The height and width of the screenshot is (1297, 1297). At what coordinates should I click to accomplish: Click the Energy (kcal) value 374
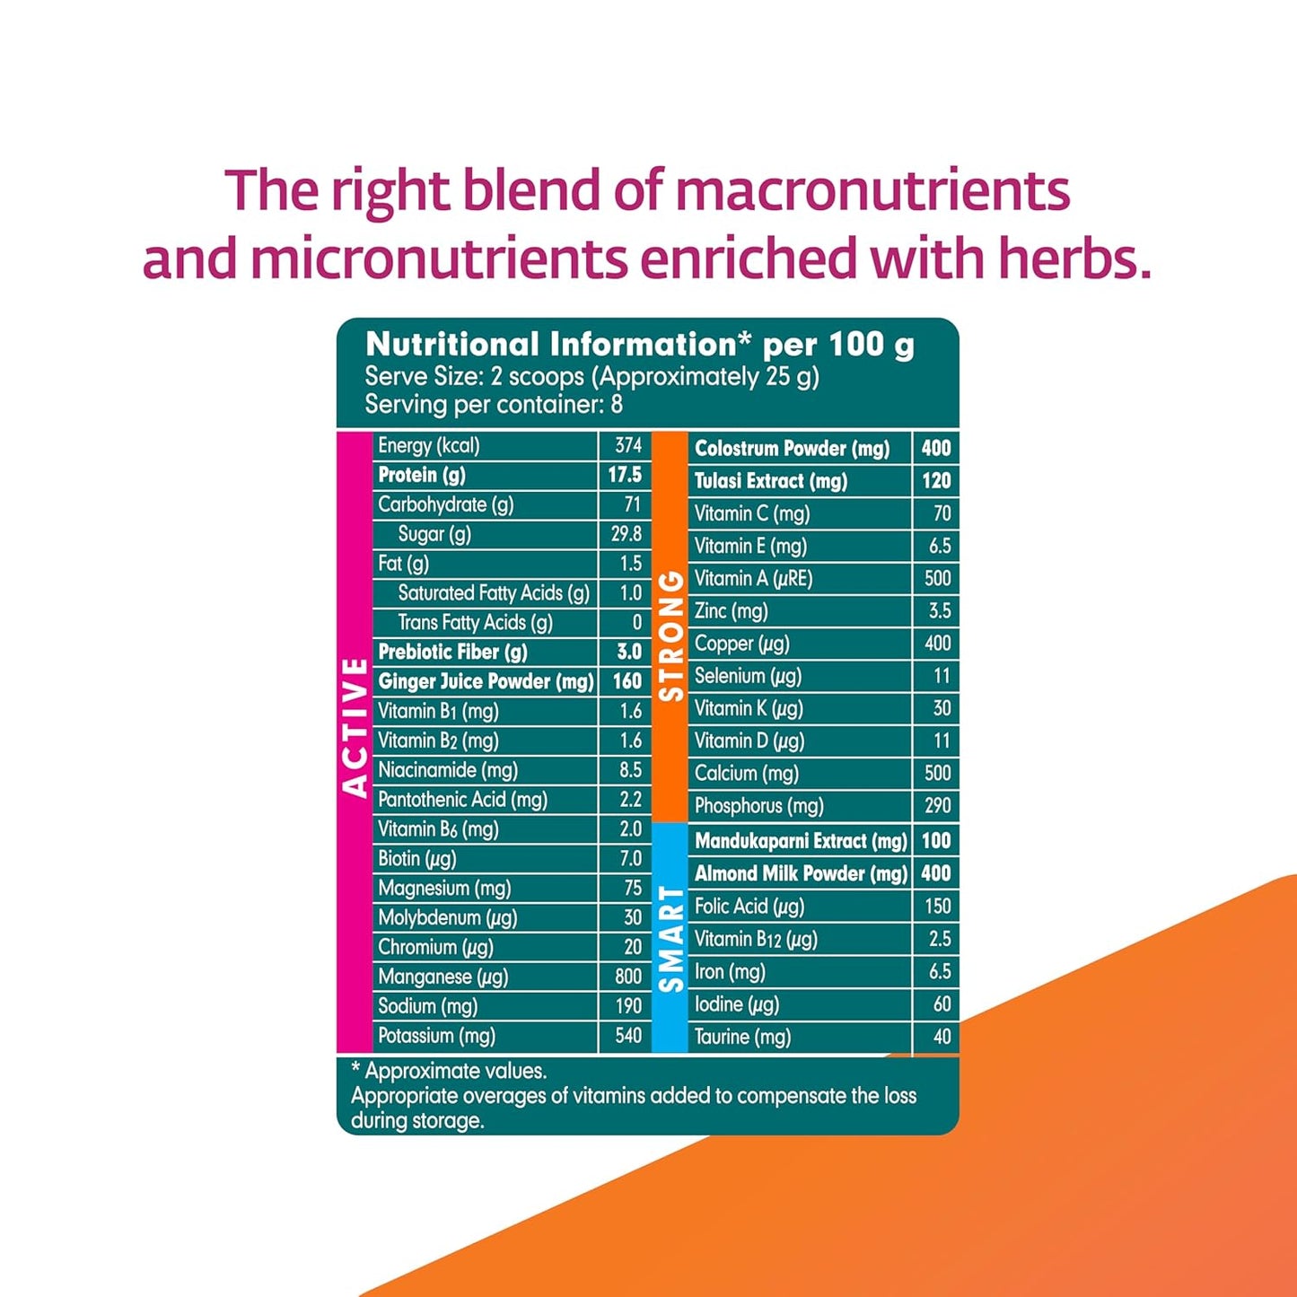click(627, 445)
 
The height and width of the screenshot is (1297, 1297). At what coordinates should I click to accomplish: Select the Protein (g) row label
click(421, 475)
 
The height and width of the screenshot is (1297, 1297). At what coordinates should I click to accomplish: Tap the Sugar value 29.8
click(626, 534)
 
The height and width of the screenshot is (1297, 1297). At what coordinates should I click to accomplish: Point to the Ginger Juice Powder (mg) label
click(485, 681)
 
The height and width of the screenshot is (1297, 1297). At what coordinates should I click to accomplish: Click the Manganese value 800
click(627, 977)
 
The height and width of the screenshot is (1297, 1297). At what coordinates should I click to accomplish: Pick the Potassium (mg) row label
click(436, 1036)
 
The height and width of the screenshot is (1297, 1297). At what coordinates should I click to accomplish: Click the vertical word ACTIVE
click(355, 728)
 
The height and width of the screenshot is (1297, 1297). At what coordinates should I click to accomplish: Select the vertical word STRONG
click(671, 635)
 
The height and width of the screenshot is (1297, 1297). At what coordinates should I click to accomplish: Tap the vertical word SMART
click(671, 939)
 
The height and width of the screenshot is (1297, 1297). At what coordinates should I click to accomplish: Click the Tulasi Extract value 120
click(935, 481)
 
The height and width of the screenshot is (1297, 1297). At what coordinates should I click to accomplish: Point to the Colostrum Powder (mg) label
click(792, 449)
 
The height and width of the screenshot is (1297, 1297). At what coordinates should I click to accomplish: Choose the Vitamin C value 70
click(941, 513)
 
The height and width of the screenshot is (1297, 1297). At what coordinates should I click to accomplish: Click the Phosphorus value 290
click(937, 806)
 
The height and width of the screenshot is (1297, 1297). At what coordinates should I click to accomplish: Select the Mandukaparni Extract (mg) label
click(801, 841)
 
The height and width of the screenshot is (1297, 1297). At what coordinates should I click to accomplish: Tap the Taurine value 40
click(941, 1037)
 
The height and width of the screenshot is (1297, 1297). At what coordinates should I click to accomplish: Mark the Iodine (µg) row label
click(736, 1004)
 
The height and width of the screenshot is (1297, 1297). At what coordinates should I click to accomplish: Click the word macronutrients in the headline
click(872, 191)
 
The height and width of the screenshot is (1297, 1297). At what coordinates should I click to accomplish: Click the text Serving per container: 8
click(493, 405)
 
